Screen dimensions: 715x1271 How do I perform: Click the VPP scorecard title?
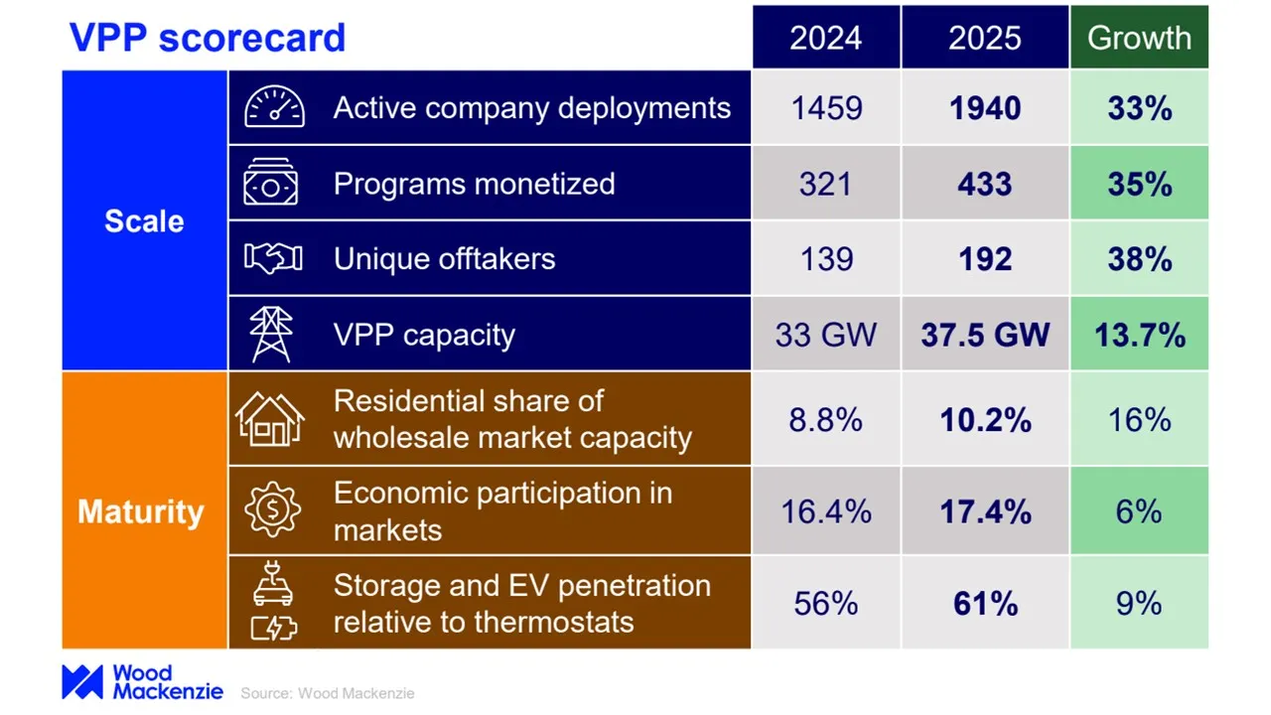click(207, 38)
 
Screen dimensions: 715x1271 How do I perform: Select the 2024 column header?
click(825, 38)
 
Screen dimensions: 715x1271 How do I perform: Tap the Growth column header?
click(1139, 38)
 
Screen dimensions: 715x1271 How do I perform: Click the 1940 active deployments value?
click(984, 108)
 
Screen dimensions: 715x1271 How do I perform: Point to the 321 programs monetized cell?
click(825, 184)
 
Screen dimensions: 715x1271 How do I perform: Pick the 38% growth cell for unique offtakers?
click(1139, 259)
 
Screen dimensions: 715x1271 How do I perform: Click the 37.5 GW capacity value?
click(984, 335)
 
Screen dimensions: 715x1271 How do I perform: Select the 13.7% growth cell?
click(1139, 335)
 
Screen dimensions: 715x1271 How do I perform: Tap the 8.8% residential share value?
click(825, 419)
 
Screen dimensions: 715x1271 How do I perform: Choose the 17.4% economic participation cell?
click(984, 511)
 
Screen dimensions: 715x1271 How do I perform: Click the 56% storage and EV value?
click(825, 604)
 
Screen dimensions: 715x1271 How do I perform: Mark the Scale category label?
click(144, 221)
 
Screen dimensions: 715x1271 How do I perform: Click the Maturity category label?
click(141, 511)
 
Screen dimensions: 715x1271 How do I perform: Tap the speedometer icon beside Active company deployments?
click(274, 108)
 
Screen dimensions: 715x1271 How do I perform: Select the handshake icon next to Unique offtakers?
click(274, 259)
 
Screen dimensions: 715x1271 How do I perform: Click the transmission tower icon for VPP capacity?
click(271, 335)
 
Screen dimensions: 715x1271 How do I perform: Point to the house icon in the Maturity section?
click(269, 418)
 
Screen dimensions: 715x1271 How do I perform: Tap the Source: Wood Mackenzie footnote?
click(327, 693)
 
